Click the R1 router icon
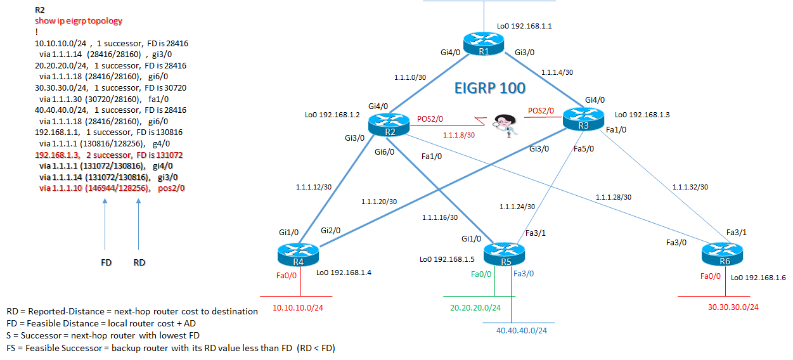point(483,43)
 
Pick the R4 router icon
point(297,256)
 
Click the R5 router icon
point(505,254)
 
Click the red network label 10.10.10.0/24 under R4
point(299,307)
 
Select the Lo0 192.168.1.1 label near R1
point(524,27)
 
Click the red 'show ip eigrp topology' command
point(79,21)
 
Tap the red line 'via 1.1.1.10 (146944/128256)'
point(112,188)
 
